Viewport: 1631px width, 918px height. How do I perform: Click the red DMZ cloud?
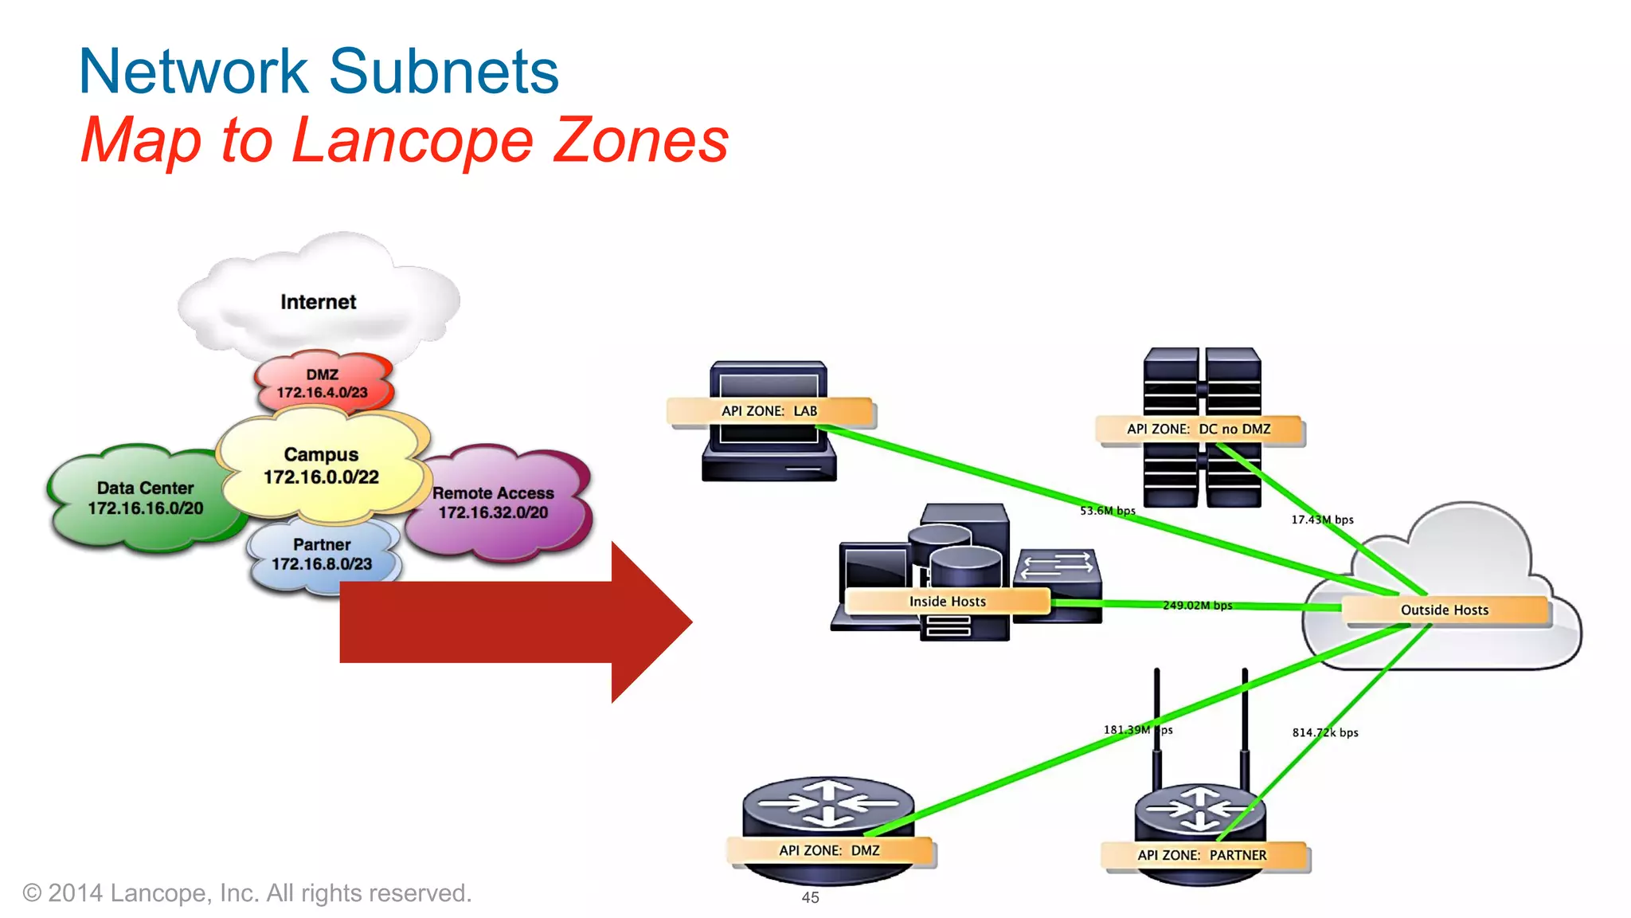tap(323, 383)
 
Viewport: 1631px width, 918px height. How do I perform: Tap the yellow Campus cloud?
tap(321, 465)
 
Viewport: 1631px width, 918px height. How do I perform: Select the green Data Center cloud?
tap(145, 498)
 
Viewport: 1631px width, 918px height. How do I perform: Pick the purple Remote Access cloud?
tap(493, 503)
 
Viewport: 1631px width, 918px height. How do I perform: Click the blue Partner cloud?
tap(322, 554)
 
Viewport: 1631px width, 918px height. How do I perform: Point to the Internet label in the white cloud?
tap(318, 302)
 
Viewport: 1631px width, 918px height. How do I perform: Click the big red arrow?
tap(510, 622)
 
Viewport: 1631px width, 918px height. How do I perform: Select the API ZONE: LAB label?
tap(769, 411)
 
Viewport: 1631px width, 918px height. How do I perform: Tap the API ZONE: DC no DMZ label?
tap(1198, 429)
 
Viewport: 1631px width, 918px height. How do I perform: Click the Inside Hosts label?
tap(947, 602)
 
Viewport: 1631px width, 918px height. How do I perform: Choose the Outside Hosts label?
tap(1444, 610)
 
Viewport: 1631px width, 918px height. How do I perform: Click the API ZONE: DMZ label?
tap(829, 850)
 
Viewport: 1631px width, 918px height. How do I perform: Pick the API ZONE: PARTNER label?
tap(1202, 855)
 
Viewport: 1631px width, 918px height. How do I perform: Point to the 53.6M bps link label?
tap(1107, 511)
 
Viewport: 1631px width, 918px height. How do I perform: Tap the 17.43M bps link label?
tap(1322, 520)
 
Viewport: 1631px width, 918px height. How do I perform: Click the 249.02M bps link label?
tap(1197, 606)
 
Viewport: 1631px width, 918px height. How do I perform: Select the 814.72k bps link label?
tap(1324, 732)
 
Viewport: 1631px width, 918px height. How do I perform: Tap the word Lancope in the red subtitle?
tap(413, 140)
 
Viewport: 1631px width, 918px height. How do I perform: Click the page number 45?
tap(810, 898)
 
